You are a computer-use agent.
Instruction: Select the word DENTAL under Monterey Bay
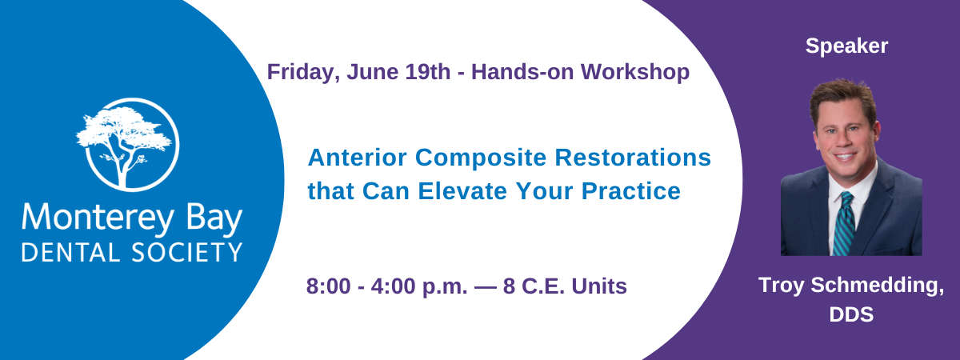70,253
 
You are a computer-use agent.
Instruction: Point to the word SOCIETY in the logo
187,253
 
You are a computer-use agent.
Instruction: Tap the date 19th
428,71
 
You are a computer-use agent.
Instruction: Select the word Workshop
635,73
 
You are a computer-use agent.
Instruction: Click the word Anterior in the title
357,158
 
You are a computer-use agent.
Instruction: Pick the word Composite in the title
481,158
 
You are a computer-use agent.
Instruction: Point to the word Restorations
633,158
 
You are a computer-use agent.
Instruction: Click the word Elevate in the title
462,190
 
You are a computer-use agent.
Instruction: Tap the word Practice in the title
631,190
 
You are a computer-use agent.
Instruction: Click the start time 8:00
328,286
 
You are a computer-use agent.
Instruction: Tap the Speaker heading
846,46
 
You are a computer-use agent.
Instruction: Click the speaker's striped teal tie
844,224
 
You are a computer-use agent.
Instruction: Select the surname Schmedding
877,286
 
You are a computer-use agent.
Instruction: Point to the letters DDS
851,314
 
